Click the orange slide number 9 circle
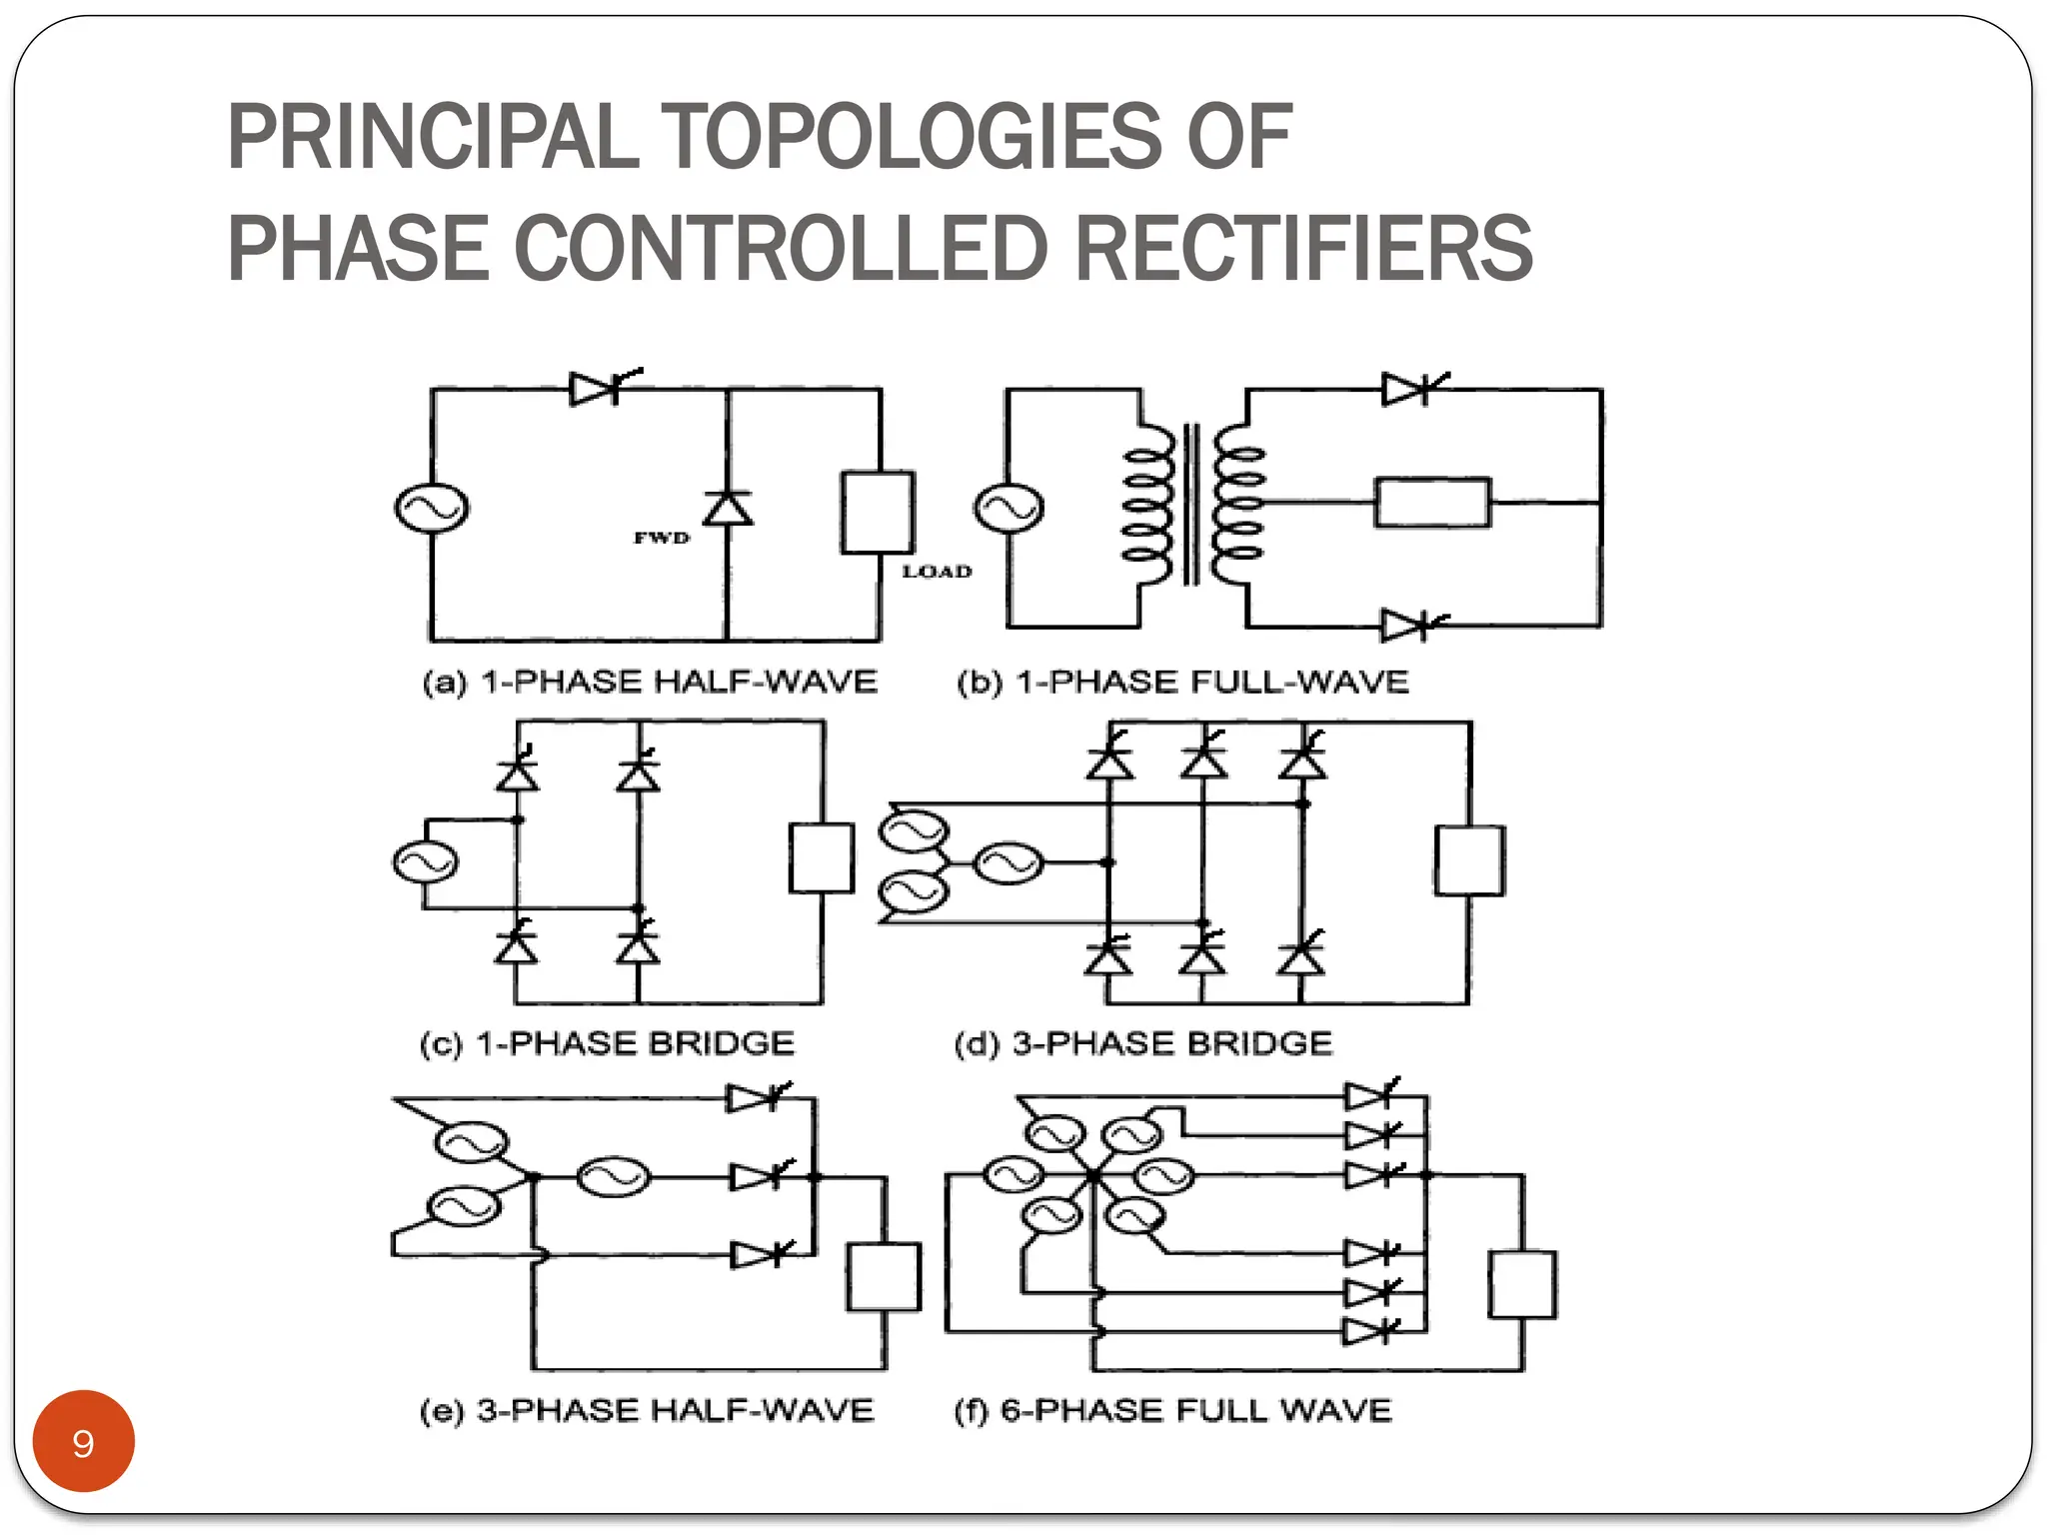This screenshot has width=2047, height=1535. [83, 1441]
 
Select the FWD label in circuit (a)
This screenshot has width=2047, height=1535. [662, 538]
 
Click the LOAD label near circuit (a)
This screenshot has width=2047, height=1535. [937, 572]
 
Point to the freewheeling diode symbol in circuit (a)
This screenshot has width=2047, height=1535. [728, 508]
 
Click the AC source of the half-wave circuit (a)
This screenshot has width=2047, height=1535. [431, 508]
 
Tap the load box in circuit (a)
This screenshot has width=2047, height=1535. [877, 512]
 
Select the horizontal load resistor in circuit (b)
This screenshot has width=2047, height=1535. [1431, 503]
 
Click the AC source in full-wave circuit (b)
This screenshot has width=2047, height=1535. [1009, 508]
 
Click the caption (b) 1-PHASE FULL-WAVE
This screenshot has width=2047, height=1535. [1182, 683]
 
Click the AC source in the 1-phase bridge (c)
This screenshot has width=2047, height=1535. [426, 862]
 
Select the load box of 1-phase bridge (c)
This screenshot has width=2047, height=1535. [821, 857]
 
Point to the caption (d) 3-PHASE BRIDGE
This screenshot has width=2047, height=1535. [1142, 1044]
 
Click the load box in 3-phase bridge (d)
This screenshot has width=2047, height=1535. [1468, 859]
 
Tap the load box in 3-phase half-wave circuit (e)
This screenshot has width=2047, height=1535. [883, 1276]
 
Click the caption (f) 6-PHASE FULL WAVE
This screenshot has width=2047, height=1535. [1172, 1411]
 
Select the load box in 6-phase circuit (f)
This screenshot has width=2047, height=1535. [1521, 1284]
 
